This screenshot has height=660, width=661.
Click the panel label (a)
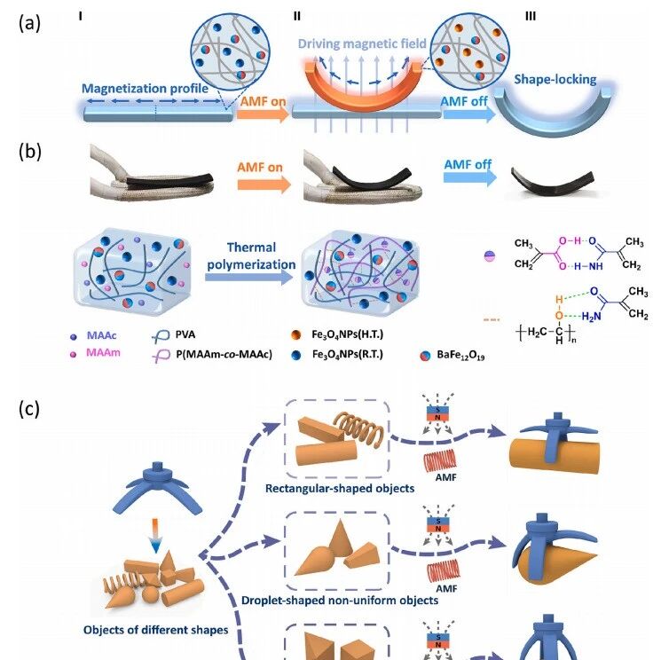click(29, 23)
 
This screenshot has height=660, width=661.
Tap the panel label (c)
click(29, 409)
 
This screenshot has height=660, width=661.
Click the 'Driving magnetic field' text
click(362, 43)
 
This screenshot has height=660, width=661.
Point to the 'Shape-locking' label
click(555, 79)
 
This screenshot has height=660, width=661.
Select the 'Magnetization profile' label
click(145, 89)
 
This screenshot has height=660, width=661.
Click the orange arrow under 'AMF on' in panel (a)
click(263, 114)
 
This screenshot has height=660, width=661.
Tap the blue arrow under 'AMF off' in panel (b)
click(470, 177)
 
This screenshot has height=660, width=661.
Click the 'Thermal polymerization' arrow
click(248, 277)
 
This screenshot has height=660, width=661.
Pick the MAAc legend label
click(102, 336)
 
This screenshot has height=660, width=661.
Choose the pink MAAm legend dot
click(74, 354)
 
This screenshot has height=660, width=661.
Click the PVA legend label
click(185, 335)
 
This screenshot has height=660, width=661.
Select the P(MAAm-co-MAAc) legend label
click(224, 355)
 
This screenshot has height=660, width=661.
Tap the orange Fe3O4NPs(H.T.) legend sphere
click(296, 335)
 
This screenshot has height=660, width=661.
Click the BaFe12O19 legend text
click(460, 355)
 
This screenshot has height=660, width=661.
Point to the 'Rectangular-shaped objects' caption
click(340, 489)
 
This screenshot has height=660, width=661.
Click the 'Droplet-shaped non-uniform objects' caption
click(340, 601)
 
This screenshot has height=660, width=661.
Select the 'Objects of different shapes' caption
click(156, 630)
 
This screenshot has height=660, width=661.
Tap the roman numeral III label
click(531, 17)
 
